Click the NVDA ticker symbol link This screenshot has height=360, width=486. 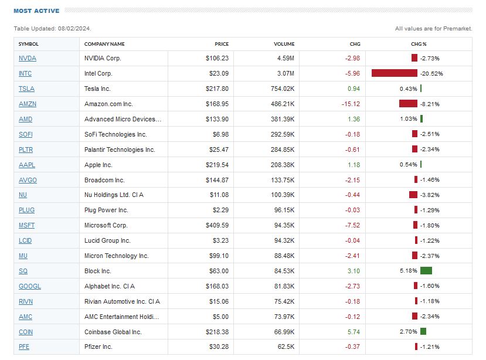coord(27,58)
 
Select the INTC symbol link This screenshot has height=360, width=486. coord(25,73)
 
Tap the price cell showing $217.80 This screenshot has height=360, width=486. coord(217,89)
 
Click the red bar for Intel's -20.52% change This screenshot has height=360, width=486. coord(394,73)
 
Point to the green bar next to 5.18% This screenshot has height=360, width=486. coord(426,271)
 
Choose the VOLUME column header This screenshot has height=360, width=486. coord(284,44)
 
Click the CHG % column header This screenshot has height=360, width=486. coord(419,44)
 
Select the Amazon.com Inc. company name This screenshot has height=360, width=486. coord(108,104)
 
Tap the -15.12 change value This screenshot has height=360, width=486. coord(351,104)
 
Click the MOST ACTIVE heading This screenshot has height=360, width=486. coord(36,11)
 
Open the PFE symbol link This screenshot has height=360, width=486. coord(24,347)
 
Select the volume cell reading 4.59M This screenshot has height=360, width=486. coord(286,58)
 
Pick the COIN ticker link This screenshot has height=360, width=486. coord(25,332)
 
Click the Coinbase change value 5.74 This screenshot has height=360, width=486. coord(354,332)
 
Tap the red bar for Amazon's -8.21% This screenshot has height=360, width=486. coord(408,104)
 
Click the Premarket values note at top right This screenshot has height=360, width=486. coord(433,28)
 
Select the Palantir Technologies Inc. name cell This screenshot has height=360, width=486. coord(120,150)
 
